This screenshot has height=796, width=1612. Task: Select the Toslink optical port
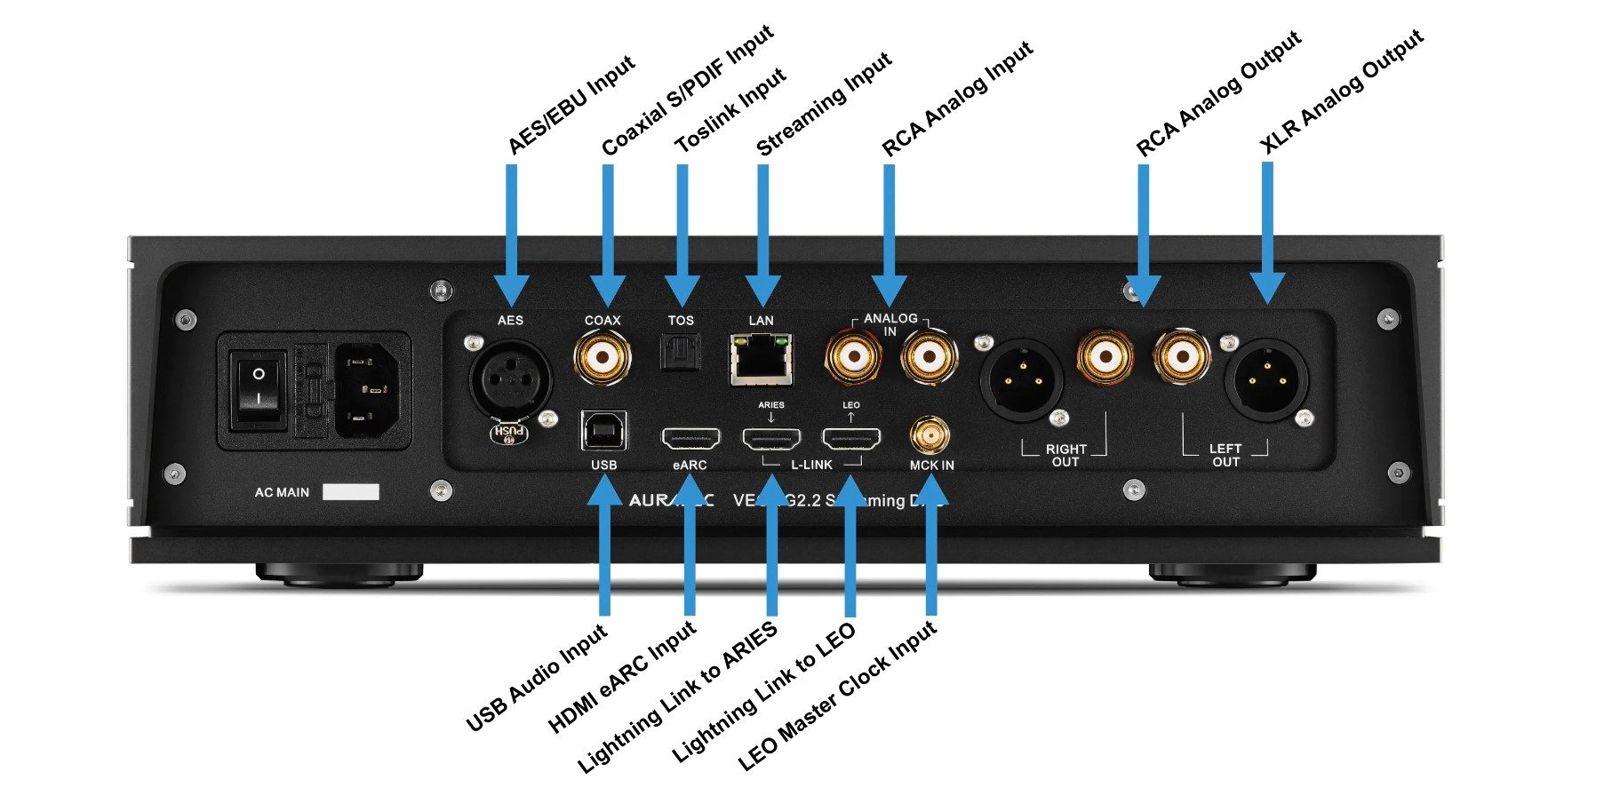click(681, 354)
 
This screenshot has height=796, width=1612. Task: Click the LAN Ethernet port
click(762, 359)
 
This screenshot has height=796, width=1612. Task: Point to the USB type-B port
click(603, 432)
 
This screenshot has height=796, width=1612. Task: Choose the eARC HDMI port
click(690, 438)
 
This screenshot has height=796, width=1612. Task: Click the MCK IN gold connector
click(930, 435)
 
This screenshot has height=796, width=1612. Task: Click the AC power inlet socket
click(364, 390)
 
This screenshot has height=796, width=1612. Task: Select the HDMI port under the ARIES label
click(771, 438)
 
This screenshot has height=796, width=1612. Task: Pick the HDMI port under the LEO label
click(851, 438)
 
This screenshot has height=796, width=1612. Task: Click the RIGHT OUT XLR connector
click(1021, 379)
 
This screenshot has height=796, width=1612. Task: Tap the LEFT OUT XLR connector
click(1266, 379)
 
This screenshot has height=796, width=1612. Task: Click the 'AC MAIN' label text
click(282, 492)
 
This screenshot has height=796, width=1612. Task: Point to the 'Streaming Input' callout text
click(824, 105)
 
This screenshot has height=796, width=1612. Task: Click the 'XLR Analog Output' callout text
click(1342, 92)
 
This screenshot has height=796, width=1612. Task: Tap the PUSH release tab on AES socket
click(509, 433)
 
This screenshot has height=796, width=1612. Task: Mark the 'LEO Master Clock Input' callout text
click(837, 696)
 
